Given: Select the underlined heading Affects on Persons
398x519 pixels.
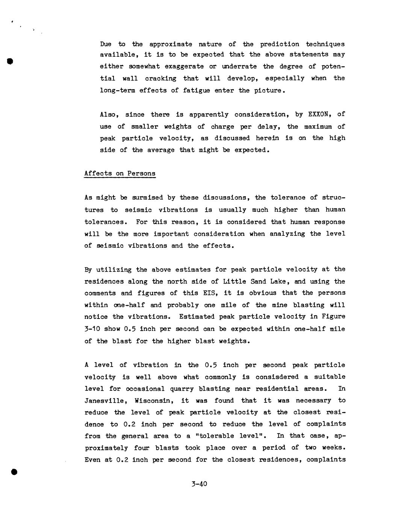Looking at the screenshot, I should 120,173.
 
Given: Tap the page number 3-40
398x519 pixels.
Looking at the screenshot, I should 199,484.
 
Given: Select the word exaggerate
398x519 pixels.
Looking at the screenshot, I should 185,67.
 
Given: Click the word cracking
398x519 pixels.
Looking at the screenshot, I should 160,78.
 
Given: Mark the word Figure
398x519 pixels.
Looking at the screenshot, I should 333,317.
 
